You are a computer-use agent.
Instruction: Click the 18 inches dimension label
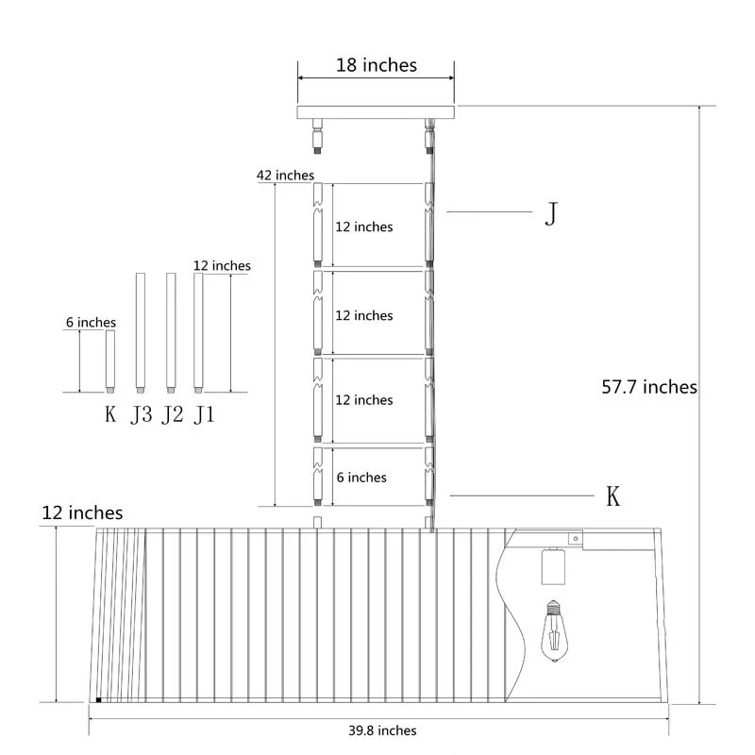[376, 65]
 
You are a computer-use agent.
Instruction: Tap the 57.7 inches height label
[649, 387]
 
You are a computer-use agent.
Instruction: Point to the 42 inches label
[284, 176]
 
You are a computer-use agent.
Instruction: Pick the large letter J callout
[552, 215]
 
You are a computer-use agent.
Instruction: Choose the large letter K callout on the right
[612, 495]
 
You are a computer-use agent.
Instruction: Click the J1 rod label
[203, 414]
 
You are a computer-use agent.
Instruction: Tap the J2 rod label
[171, 414]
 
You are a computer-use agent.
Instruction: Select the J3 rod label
[141, 414]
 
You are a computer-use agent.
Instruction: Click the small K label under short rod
[110, 414]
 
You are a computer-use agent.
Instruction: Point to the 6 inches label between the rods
[361, 478]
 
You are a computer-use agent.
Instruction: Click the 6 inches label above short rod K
[91, 323]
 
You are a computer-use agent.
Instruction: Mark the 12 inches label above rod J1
[222, 266]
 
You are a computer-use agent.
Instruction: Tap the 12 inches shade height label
[82, 513]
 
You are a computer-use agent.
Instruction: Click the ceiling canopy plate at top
[376, 112]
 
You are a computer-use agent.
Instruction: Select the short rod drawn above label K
[110, 361]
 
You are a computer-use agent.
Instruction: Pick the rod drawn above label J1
[198, 331]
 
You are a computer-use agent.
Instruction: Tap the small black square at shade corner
[98, 700]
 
